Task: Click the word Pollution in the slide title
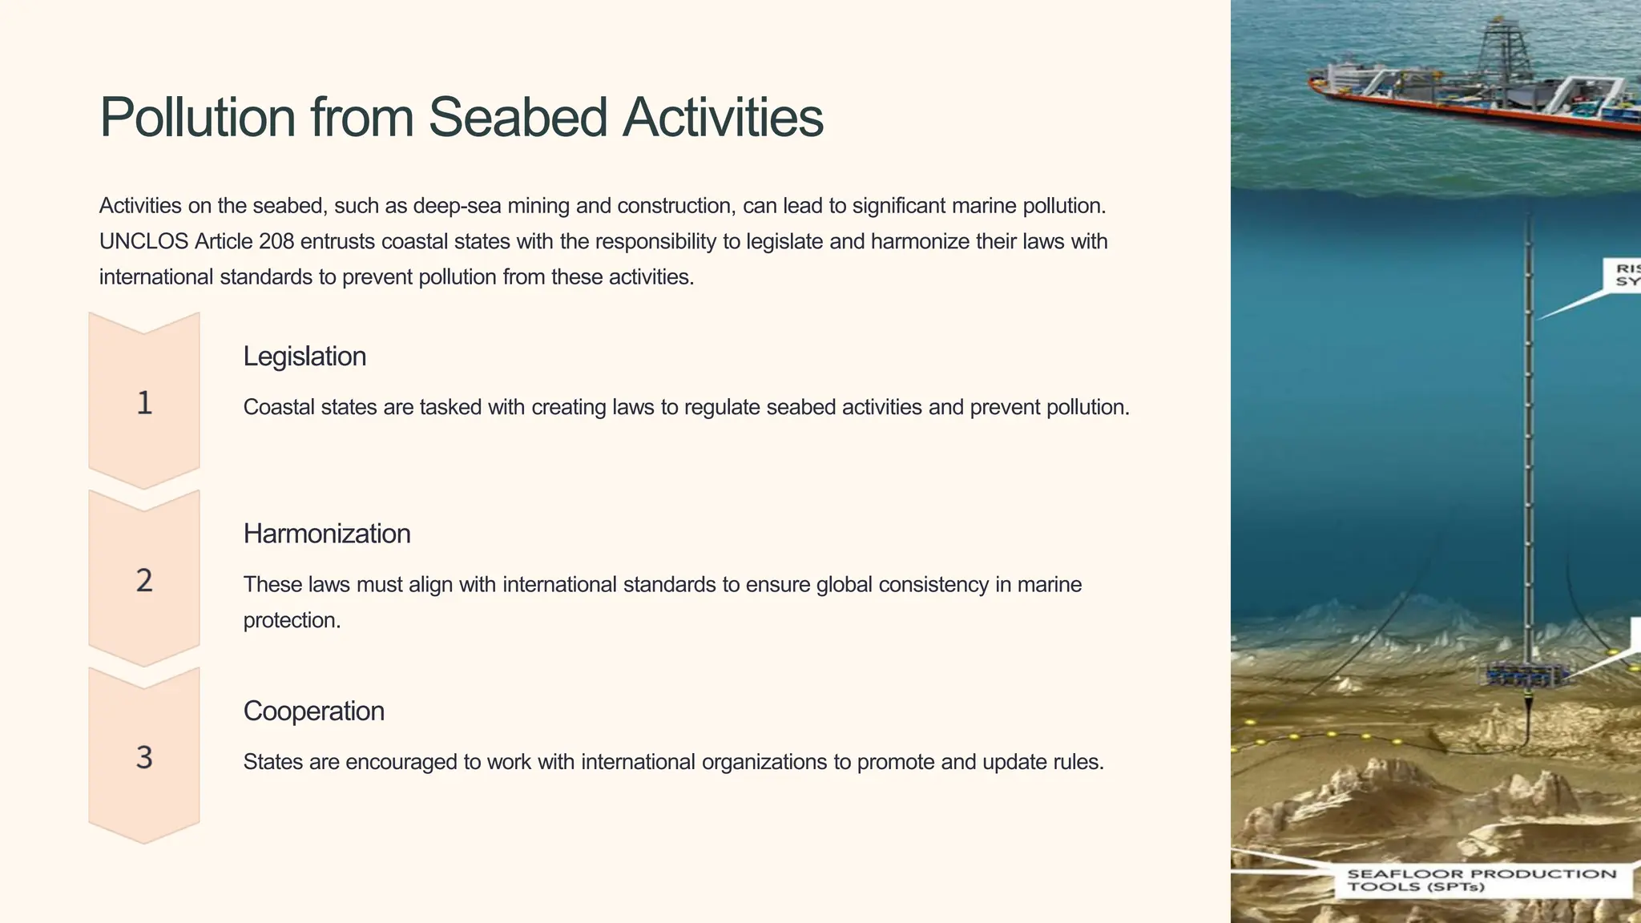[198, 118]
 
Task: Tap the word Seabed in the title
[518, 118]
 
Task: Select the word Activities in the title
[723, 118]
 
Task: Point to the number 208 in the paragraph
[276, 241]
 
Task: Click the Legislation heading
[304, 357]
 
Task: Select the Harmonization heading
[327, 534]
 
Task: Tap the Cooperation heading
[314, 711]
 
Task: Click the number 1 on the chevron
[144, 403]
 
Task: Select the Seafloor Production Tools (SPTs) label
[1482, 880]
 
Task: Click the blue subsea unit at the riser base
[1525, 675]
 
